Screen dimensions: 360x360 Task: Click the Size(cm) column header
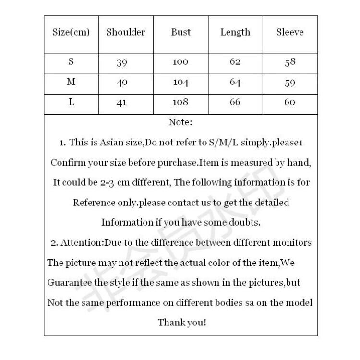71,33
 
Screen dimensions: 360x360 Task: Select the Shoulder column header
126,33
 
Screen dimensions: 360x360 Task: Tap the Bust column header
181,33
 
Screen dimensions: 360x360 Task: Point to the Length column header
235,33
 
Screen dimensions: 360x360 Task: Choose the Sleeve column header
290,33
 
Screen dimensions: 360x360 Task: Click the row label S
71,62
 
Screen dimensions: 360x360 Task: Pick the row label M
71,82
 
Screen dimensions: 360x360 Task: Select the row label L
71,102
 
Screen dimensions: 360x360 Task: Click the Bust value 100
181,62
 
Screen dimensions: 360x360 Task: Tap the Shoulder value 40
121,83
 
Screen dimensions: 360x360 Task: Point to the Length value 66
235,102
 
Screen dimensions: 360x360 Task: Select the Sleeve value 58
289,62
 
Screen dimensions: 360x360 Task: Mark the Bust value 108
181,102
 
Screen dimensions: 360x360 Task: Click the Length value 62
235,62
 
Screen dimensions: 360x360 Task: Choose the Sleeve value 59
289,83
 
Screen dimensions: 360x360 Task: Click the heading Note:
180,122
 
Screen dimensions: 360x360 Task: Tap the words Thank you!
182,322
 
